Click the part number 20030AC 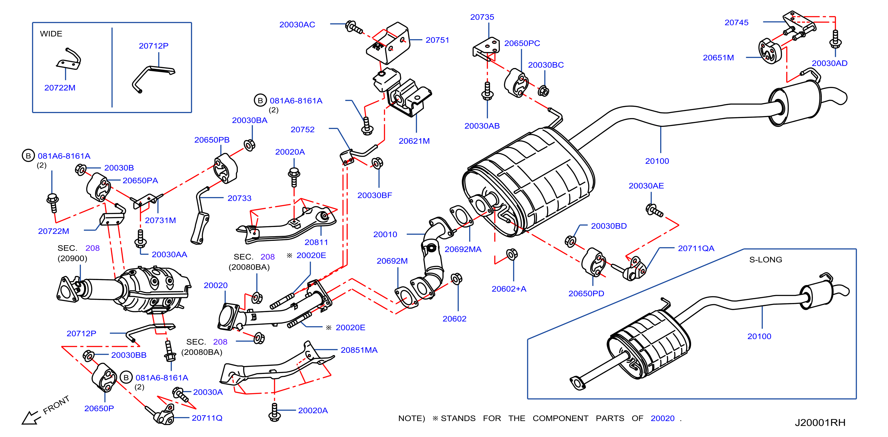point(297,24)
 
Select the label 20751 point(437,40)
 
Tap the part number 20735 point(482,17)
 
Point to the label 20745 point(736,22)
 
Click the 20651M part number point(718,58)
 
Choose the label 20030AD point(829,63)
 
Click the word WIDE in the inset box point(51,34)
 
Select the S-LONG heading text point(766,259)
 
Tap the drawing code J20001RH point(820,423)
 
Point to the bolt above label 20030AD point(835,39)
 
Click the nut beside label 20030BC point(543,91)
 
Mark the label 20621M point(414,141)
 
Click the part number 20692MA point(463,249)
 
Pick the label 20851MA point(359,350)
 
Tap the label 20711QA point(696,248)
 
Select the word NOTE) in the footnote point(411,418)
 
